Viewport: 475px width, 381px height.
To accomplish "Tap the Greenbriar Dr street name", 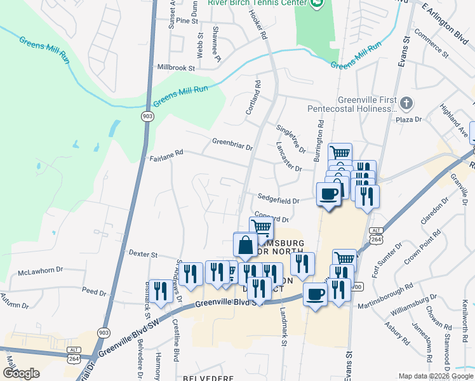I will click(x=232, y=144).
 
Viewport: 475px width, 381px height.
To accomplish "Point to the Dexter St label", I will click(x=143, y=253).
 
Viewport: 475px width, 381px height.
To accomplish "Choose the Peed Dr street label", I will click(x=93, y=291).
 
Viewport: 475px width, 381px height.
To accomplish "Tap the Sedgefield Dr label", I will click(x=278, y=198).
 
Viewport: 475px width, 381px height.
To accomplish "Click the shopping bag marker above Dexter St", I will click(x=245, y=243).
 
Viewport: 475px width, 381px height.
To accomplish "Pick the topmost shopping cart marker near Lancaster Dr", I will click(x=340, y=153).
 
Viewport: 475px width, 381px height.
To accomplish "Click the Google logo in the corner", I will click(x=21, y=373).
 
